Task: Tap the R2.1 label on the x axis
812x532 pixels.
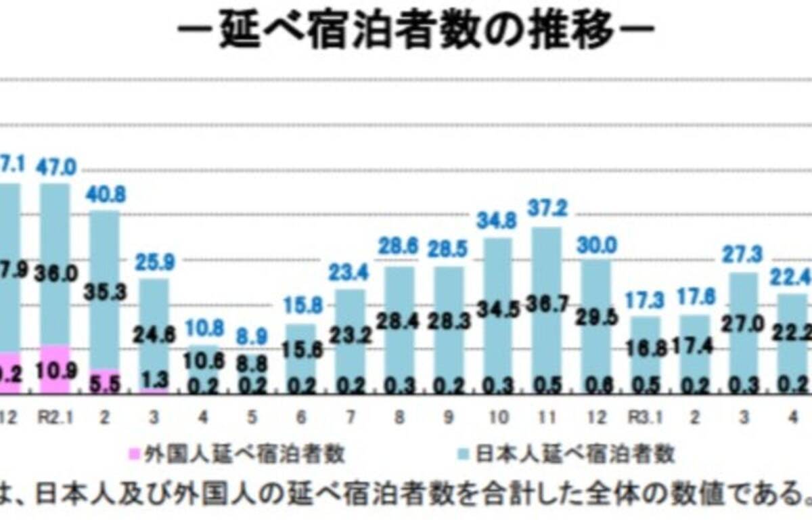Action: [x=55, y=419]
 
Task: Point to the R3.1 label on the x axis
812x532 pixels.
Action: [x=645, y=419]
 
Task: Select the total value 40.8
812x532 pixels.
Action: [x=105, y=194]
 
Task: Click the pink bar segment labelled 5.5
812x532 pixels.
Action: [x=105, y=381]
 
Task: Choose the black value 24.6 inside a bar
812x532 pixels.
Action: [x=154, y=333]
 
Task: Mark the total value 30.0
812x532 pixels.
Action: [x=595, y=245]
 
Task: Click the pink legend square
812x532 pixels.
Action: [x=133, y=453]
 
